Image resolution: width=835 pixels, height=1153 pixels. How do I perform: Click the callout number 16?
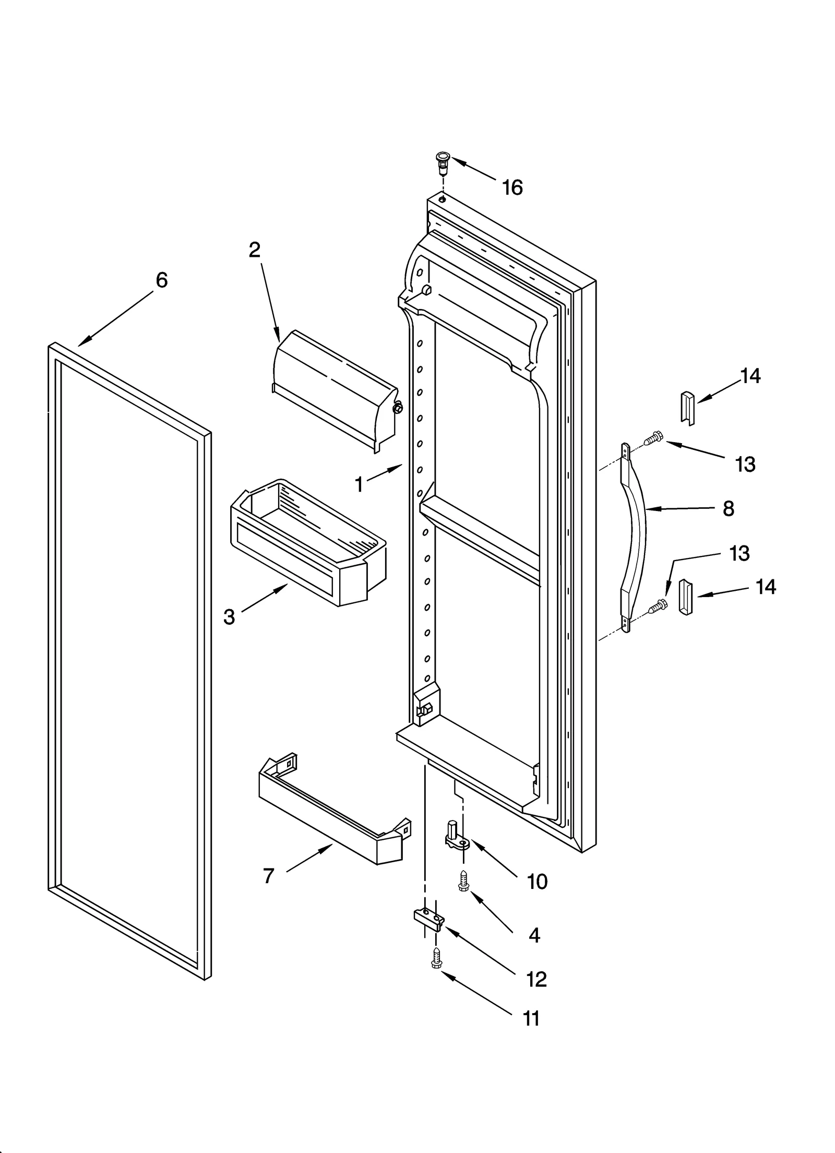click(x=512, y=187)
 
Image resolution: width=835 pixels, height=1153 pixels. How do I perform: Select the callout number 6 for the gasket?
click(x=162, y=280)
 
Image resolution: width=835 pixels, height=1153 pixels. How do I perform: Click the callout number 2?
click(x=254, y=250)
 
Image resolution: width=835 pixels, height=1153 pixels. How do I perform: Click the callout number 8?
click(x=729, y=508)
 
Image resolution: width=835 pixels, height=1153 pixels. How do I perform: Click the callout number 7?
click(x=268, y=876)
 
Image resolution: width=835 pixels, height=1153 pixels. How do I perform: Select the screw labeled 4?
click(x=462, y=883)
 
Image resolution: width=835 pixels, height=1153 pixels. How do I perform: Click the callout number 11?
click(x=531, y=1018)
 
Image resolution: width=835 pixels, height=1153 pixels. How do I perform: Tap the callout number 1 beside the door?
click(x=359, y=485)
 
